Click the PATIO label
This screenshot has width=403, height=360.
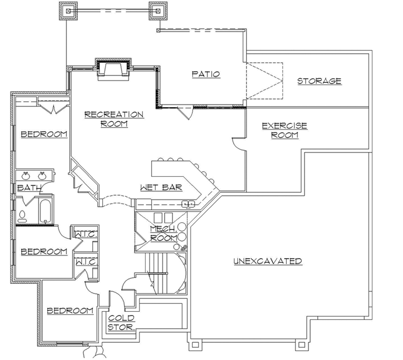206,74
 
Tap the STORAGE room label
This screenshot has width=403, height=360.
319,81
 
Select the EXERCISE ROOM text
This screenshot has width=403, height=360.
284,131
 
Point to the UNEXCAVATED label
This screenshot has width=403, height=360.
267,261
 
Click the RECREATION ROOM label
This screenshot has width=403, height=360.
114,119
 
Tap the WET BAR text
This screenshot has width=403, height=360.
161,187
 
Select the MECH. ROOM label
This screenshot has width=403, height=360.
163,233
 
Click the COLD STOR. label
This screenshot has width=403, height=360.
121,323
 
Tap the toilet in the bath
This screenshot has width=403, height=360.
23,214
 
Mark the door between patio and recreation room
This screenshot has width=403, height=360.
186,113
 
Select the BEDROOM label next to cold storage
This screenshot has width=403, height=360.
69,311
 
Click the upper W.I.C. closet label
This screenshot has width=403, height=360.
85,234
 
